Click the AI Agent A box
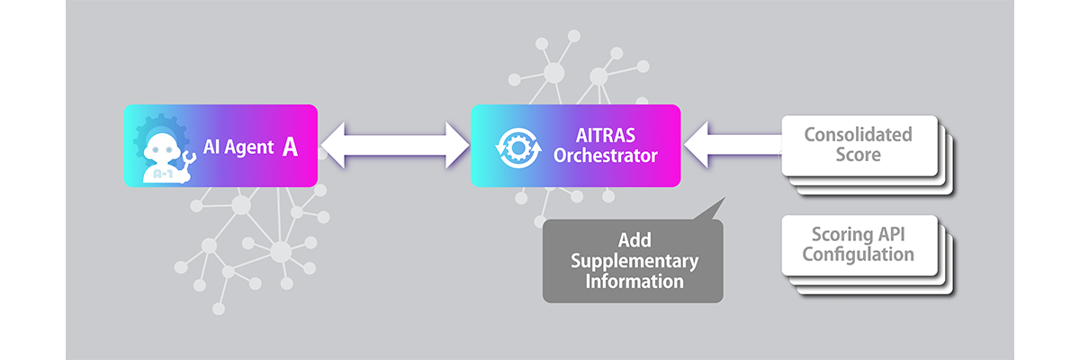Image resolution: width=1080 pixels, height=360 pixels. pos(220,146)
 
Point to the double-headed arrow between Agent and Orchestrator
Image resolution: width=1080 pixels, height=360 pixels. pos(394,146)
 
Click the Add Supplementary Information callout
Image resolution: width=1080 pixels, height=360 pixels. pos(633,261)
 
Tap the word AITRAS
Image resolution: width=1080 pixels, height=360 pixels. pos(606,136)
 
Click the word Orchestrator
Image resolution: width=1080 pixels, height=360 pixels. pos(606,156)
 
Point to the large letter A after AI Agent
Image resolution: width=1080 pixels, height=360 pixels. pos(290,147)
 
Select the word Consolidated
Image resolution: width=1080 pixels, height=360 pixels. pos(858,135)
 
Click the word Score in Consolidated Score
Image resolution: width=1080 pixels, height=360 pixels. pos(858,155)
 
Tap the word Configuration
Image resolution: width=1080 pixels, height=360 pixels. pos(858,254)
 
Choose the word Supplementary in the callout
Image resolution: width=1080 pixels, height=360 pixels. pos(634,261)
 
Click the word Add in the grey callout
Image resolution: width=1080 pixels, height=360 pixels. pos(634,241)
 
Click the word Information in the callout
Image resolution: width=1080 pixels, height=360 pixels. pos(634,281)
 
